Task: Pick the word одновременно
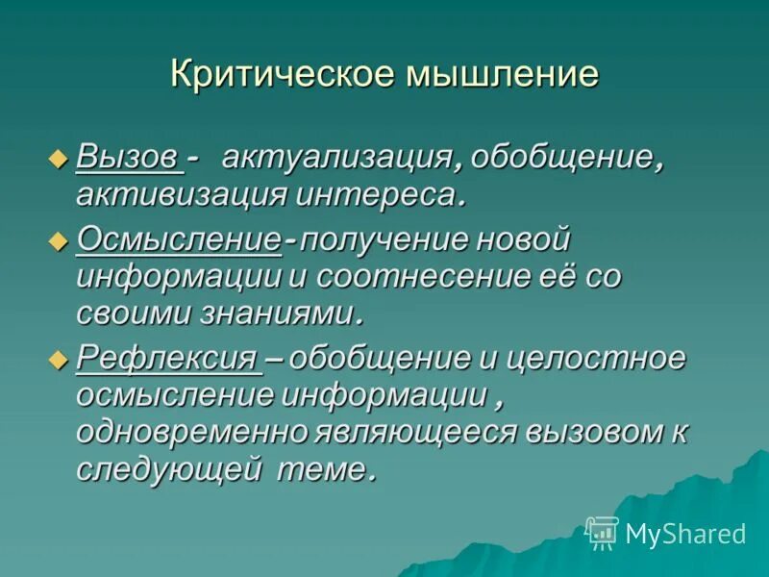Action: (192, 433)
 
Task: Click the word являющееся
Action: (415, 433)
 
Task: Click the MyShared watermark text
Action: (685, 534)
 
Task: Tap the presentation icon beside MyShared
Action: (602, 532)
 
